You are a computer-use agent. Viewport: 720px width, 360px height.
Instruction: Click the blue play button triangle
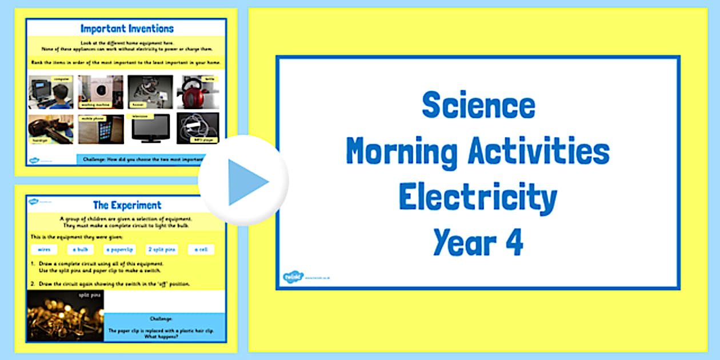247,182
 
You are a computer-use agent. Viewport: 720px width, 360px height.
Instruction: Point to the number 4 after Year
514,242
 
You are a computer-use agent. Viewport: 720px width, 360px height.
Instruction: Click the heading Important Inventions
127,28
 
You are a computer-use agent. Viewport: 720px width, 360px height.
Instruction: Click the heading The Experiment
127,205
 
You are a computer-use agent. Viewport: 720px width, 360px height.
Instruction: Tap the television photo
150,128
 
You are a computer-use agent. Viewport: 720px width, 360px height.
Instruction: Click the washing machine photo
101,92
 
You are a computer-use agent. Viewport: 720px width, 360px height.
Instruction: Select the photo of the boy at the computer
50,92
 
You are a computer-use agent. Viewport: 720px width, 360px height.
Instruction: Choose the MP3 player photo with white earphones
198,128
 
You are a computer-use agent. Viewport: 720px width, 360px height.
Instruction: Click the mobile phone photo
101,129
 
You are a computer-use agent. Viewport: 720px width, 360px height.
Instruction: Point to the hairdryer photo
50,129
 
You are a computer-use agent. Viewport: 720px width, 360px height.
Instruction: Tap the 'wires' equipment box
44,249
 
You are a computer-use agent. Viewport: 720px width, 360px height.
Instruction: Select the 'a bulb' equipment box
80,249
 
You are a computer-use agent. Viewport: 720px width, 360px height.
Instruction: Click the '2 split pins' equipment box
162,249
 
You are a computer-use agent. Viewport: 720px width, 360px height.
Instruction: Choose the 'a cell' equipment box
201,249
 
